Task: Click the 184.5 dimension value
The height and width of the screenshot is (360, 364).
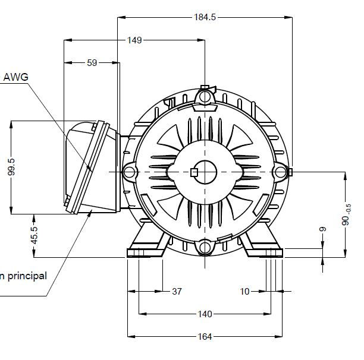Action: click(x=205, y=17)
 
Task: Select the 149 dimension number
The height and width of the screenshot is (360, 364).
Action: click(x=134, y=40)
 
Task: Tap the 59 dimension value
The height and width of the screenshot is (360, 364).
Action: click(x=92, y=62)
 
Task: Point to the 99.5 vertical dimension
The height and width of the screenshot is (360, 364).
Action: click(x=11, y=167)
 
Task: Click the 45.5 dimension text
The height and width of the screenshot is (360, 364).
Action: click(x=34, y=235)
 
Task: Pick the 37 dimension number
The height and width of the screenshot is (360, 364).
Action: click(x=177, y=291)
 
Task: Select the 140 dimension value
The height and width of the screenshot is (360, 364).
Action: click(x=205, y=314)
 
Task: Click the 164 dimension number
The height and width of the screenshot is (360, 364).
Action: click(x=205, y=337)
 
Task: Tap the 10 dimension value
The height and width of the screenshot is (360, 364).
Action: click(x=244, y=291)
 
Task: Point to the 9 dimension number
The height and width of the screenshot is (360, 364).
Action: click(x=323, y=229)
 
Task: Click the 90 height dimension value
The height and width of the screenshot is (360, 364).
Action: click(x=346, y=215)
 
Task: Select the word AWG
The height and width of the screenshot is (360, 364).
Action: click(x=16, y=77)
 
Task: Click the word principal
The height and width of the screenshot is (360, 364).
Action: click(x=27, y=276)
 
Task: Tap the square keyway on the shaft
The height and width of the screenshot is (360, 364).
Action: click(x=194, y=172)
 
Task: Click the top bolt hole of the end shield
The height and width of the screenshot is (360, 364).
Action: click(x=205, y=96)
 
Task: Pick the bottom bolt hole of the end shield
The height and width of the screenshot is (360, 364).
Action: click(x=205, y=248)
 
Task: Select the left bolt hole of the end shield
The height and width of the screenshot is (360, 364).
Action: click(x=129, y=172)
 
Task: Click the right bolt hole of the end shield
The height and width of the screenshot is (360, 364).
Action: click(x=280, y=172)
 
